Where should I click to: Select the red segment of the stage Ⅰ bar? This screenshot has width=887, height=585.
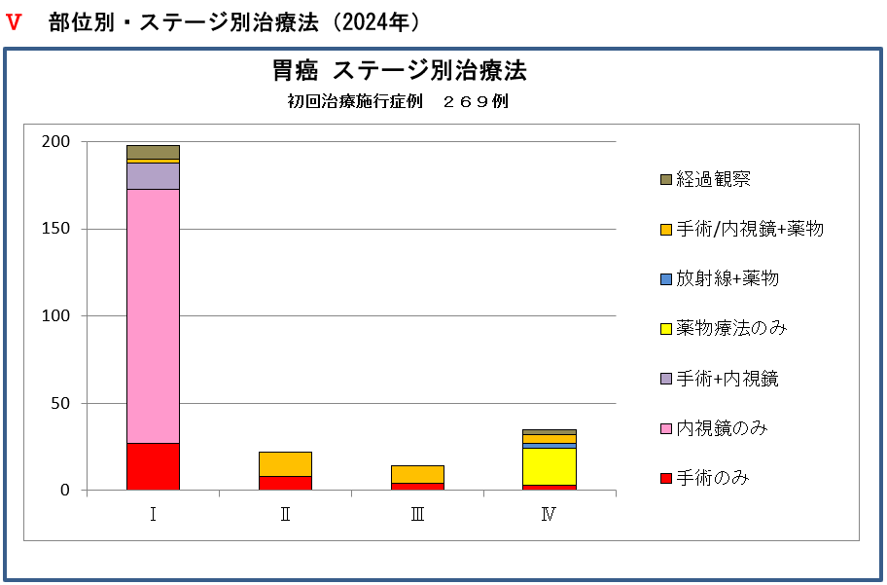coord(153,466)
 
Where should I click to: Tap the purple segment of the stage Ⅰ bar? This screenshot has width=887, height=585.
coord(153,175)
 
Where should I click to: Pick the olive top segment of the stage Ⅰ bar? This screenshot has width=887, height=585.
coord(153,152)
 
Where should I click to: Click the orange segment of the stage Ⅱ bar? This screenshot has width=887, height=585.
coord(285,463)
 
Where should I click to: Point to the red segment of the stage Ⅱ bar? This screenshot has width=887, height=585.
coord(285,483)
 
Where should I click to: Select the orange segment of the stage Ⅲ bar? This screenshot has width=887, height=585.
coord(417,474)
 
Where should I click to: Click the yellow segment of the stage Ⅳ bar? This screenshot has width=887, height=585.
coord(550,466)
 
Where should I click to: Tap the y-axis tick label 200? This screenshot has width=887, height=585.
coord(55,142)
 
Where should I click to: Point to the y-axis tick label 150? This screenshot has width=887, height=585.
coord(55,229)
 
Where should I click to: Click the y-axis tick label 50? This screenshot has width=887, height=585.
coord(59,403)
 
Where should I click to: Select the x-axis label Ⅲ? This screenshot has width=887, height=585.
coord(417,515)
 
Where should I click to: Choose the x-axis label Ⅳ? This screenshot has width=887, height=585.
coord(550,515)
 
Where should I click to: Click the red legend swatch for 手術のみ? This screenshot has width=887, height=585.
coord(666,478)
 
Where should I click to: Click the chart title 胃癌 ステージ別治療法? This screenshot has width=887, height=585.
coord(399,71)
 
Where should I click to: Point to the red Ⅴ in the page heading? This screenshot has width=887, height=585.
coord(14,23)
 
